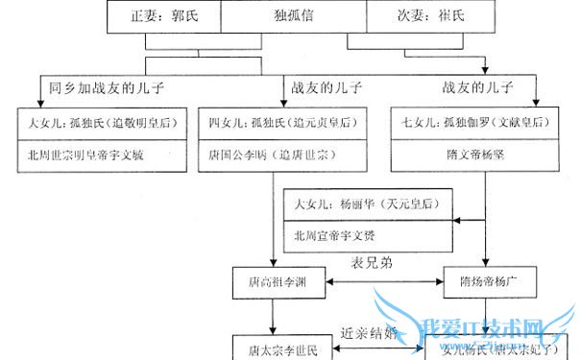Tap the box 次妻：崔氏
pyautogui.click(x=426, y=16)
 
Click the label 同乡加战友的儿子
pyautogui.click(x=107, y=88)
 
